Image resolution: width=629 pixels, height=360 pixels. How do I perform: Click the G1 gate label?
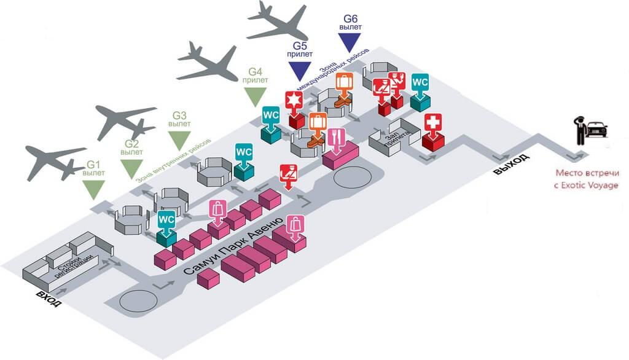pos(93,165)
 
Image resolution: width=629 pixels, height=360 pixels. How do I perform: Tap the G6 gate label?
pos(351,19)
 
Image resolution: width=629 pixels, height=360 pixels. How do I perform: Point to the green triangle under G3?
pos(179,141)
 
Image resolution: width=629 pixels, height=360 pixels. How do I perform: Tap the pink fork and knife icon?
pos(336,138)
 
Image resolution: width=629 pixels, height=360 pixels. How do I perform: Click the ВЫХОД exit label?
pos(511,165)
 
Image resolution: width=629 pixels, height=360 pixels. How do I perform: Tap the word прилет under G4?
pos(255,80)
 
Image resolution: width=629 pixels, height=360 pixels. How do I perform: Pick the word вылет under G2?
pos(131,152)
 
